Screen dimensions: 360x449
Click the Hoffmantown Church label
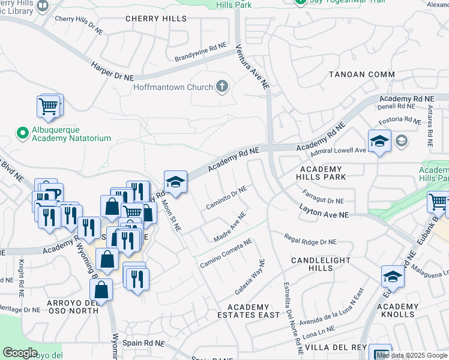click(x=173, y=87)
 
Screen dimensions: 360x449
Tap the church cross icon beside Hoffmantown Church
click(x=222, y=87)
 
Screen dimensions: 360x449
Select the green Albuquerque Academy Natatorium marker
click(x=23, y=132)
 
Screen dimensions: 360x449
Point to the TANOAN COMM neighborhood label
click(x=357, y=74)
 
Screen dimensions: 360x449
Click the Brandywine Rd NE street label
click(x=200, y=52)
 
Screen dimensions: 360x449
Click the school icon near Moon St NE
click(x=175, y=182)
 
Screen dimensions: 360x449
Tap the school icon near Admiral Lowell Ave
click(x=379, y=142)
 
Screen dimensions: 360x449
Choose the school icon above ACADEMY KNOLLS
click(x=393, y=277)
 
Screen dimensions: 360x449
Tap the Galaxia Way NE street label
click(x=250, y=277)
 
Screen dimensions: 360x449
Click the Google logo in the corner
click(x=20, y=352)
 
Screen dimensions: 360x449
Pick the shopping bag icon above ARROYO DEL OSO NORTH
click(x=101, y=290)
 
